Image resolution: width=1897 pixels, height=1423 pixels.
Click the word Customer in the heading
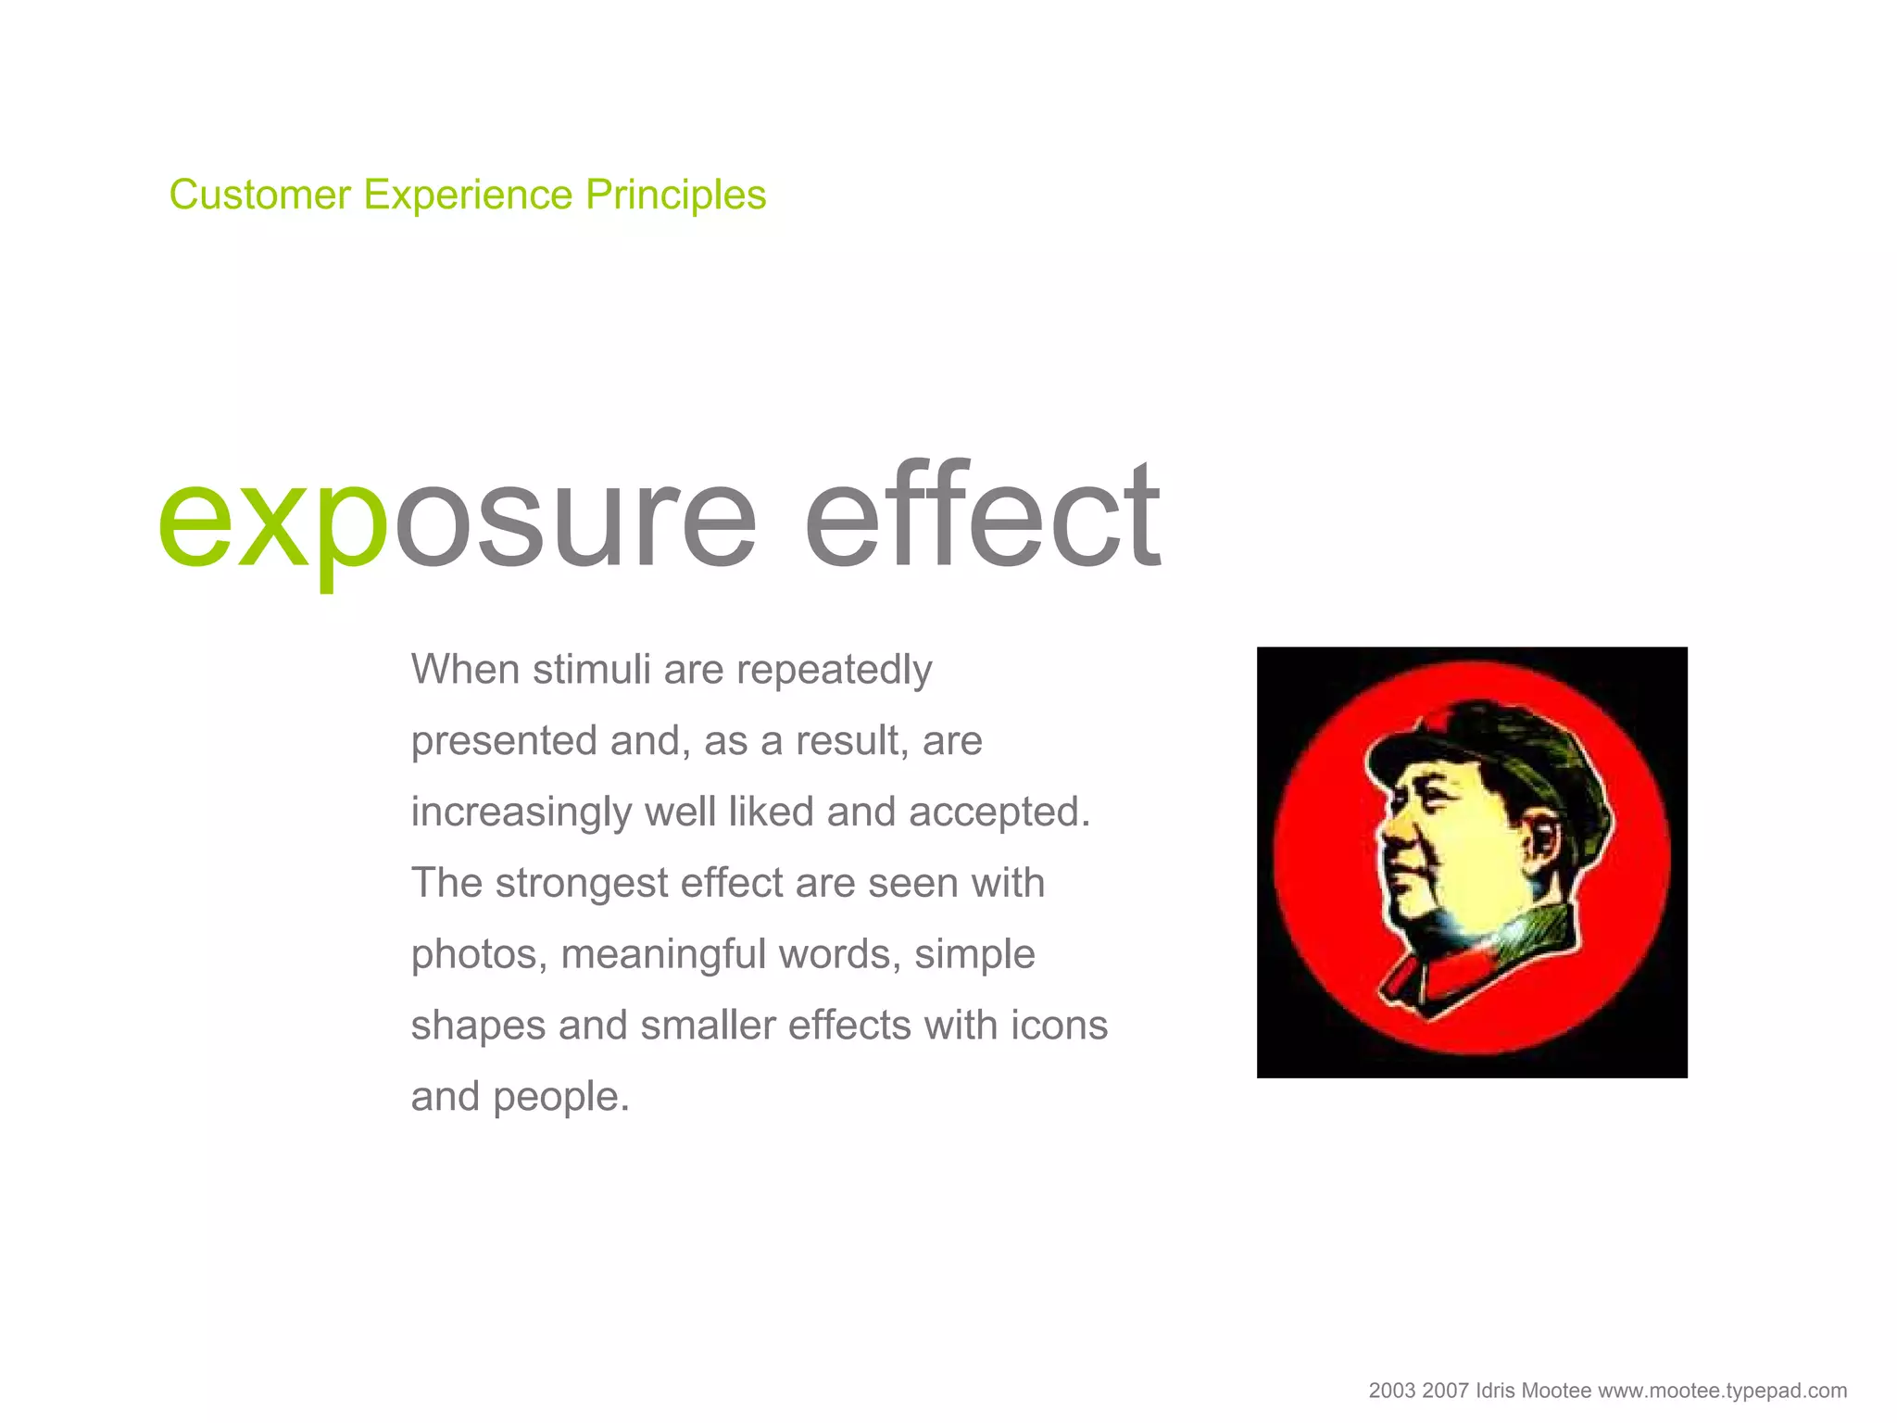click(x=260, y=195)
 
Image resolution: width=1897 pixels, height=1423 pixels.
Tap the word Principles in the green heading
click(x=675, y=195)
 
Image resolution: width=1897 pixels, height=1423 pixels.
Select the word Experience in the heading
click(x=468, y=195)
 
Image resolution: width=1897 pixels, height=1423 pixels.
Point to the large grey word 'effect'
click(x=982, y=514)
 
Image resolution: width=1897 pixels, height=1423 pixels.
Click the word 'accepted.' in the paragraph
click(x=999, y=812)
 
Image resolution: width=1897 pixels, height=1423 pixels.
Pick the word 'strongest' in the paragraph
click(x=581, y=884)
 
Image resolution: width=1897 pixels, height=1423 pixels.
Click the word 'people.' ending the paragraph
click(x=560, y=1098)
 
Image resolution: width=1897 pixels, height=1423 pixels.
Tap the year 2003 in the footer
click(x=1391, y=1391)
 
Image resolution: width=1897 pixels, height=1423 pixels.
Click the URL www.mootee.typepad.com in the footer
click(x=1722, y=1391)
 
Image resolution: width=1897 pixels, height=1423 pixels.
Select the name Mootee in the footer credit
click(x=1556, y=1391)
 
